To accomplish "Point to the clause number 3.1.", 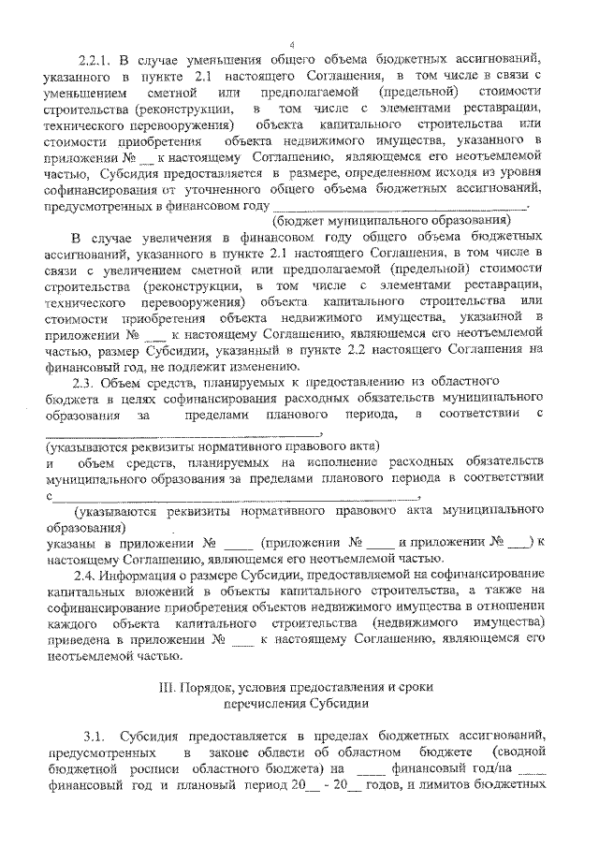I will point(97,737).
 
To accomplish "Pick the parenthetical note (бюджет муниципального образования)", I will point(391,221).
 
